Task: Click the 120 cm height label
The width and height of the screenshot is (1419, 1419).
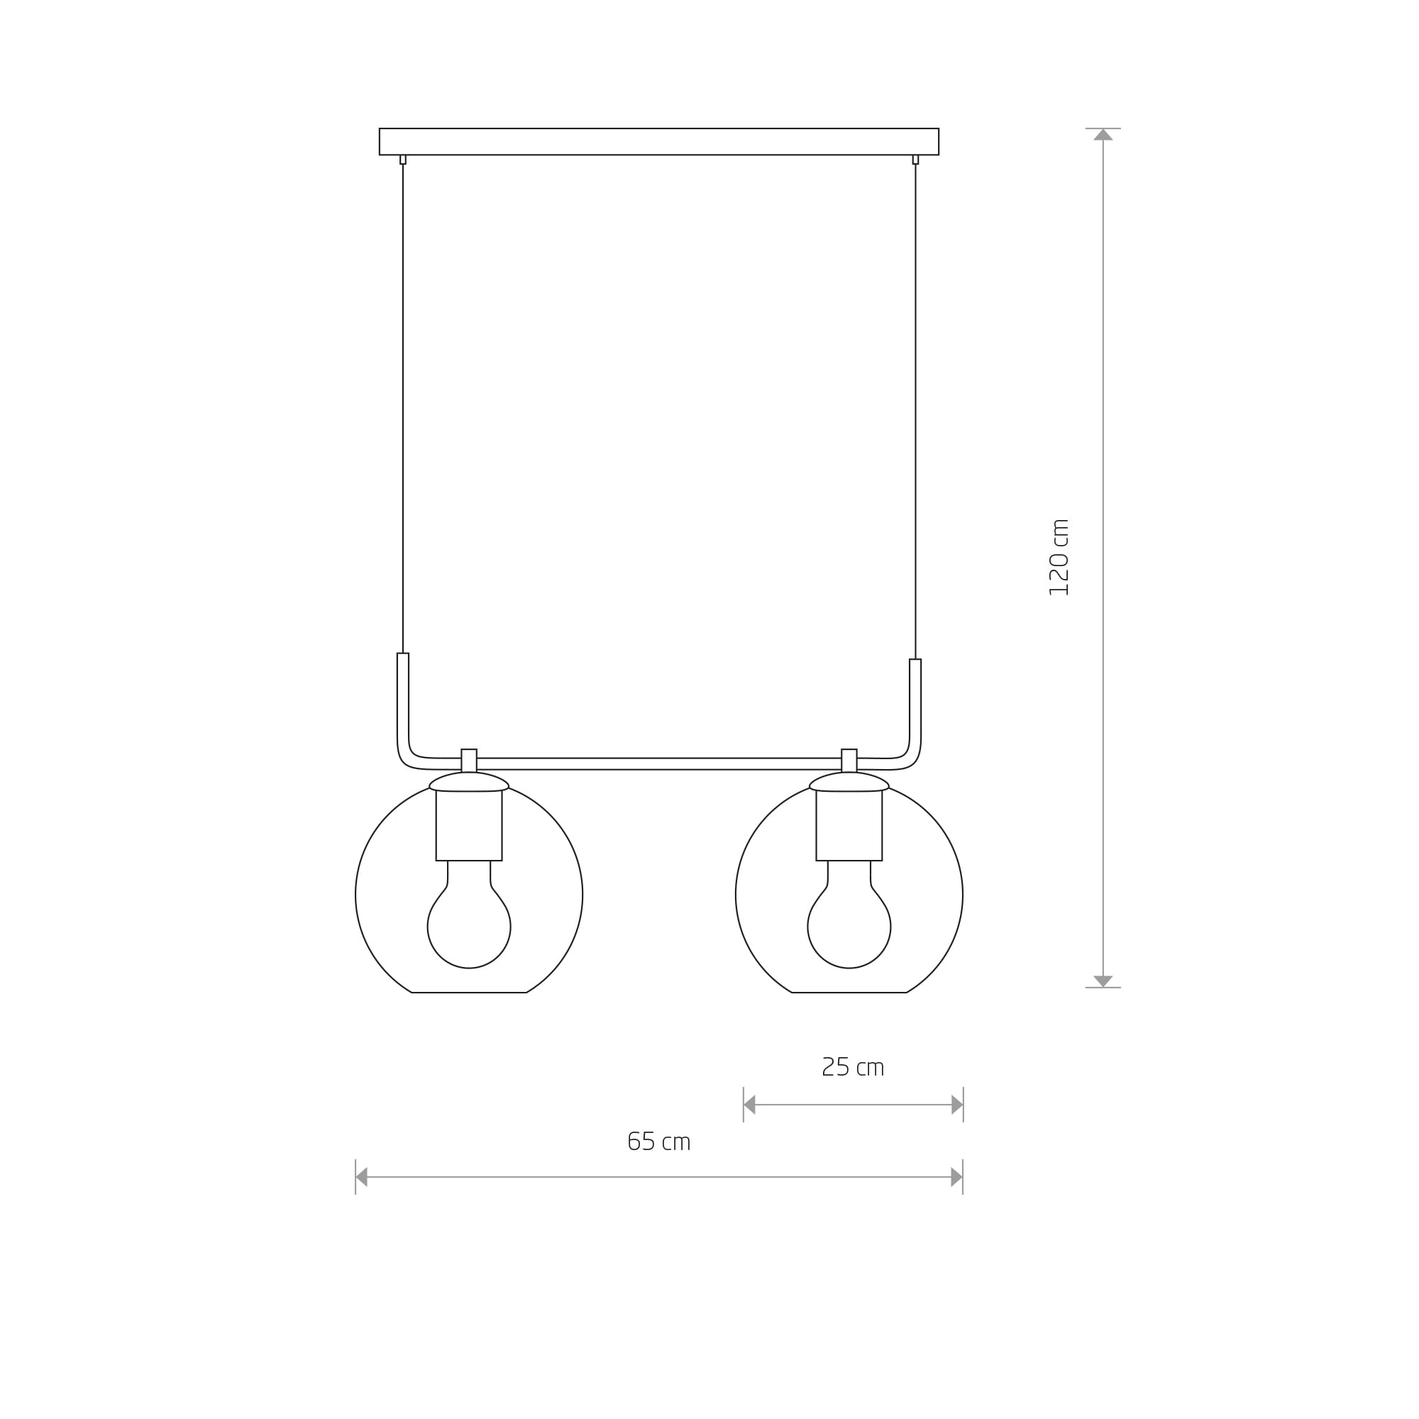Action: [x=1059, y=558]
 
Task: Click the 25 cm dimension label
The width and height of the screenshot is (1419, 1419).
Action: [x=853, y=1066]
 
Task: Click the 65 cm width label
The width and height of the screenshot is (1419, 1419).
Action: [x=660, y=1142]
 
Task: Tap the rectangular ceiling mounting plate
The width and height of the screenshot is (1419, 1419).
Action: [x=659, y=142]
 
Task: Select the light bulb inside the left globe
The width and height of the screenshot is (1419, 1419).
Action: [x=468, y=915]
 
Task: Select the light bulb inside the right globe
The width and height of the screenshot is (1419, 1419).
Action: [x=849, y=915]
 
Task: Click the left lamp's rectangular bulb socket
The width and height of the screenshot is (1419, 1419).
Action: [x=468, y=826]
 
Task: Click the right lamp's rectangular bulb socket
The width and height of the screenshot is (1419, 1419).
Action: [x=849, y=826]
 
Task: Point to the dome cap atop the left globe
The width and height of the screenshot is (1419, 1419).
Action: [x=468, y=781]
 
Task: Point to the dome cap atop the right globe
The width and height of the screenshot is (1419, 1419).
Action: [x=849, y=781]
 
